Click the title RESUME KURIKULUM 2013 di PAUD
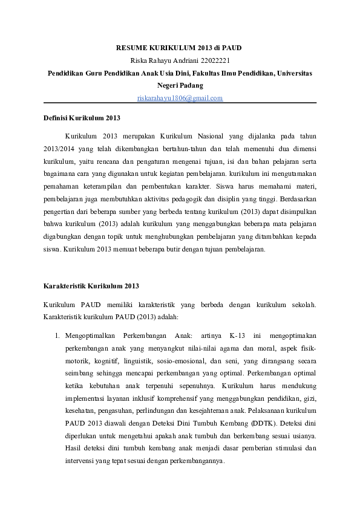pyautogui.click(x=180, y=47)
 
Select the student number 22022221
pyautogui.click(x=214, y=60)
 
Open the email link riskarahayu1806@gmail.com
pyautogui.click(x=180, y=98)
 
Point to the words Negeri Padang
pyautogui.click(x=180, y=85)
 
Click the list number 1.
pyautogui.click(x=56, y=334)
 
